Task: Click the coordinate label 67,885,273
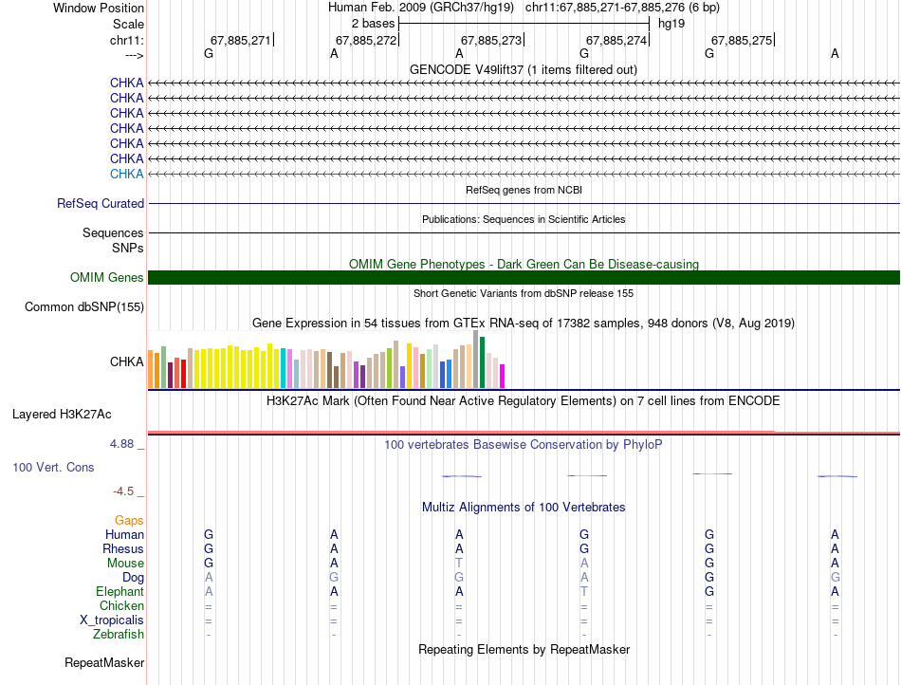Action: (491, 40)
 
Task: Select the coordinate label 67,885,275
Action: (742, 40)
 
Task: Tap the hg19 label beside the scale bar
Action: (671, 23)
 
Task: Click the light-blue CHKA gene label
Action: (127, 174)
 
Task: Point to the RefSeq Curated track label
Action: (101, 203)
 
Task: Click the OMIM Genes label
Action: (107, 278)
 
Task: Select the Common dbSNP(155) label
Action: (84, 306)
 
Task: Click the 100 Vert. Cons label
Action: (53, 468)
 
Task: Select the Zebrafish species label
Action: (119, 634)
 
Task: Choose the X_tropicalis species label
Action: (112, 620)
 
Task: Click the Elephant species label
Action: (120, 591)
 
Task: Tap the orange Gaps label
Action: (129, 520)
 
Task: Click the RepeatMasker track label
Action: (104, 662)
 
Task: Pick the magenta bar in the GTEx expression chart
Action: (503, 376)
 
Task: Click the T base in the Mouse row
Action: (459, 563)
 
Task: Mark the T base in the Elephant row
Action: (584, 591)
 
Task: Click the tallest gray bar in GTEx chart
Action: (475, 359)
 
